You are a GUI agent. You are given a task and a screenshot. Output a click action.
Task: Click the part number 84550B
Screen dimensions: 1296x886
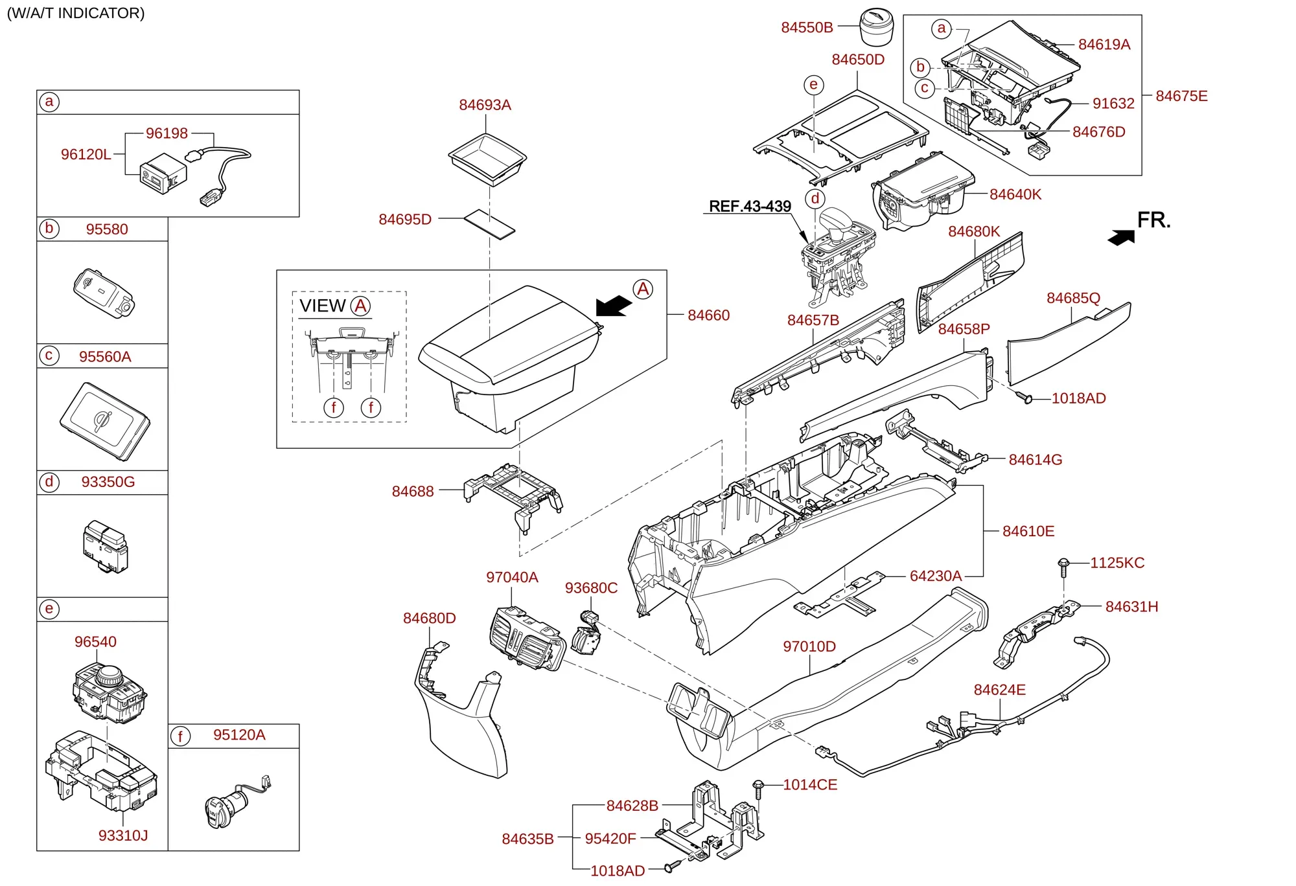[807, 27]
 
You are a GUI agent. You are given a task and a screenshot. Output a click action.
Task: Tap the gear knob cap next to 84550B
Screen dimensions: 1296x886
[877, 27]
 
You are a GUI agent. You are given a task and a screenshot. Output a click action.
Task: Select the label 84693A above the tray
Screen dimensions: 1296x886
[485, 105]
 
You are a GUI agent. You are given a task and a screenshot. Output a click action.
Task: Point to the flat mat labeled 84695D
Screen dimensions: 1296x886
[489, 223]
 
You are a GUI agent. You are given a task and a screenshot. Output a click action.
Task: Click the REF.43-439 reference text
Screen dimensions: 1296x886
[750, 206]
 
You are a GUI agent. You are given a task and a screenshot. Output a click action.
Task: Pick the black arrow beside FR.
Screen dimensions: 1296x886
[1122, 238]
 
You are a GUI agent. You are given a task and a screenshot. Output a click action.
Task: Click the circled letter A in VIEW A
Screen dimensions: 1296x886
[361, 306]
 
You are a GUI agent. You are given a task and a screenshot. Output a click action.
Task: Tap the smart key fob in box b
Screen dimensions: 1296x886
[104, 293]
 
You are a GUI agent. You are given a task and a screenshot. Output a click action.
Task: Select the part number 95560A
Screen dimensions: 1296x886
[105, 356]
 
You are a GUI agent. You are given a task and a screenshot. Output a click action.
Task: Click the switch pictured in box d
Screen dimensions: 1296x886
[106, 547]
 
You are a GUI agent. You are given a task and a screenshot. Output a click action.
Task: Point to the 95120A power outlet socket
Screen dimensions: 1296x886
[237, 802]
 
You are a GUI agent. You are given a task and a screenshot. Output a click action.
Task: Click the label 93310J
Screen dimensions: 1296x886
[123, 835]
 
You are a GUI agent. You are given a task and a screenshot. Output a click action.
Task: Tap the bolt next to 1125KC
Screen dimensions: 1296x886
[1063, 567]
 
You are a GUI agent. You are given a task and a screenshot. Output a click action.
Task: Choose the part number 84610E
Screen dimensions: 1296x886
[1028, 531]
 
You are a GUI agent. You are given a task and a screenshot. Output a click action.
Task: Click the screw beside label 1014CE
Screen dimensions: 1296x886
[759, 789]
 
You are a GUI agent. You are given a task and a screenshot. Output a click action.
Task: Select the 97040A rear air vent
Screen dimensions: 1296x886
[527, 638]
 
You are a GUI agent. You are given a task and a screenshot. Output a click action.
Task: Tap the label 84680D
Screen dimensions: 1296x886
[430, 618]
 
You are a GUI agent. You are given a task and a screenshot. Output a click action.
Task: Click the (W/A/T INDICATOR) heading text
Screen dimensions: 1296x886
[76, 13]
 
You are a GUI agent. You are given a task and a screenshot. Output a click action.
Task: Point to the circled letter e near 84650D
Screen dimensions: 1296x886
[814, 85]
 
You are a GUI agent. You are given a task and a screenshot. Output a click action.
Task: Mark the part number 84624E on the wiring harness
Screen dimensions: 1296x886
[999, 690]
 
